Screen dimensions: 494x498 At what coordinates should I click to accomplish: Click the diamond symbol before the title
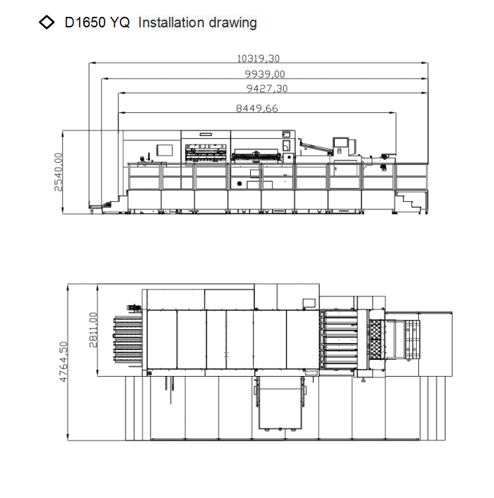tap(47, 22)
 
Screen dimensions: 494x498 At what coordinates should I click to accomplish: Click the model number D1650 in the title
tap(85, 22)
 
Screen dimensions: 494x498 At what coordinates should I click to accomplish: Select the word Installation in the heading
tap(171, 22)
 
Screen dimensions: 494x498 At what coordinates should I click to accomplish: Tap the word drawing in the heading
tap(233, 23)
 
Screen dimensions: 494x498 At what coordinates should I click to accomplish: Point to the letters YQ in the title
tap(120, 22)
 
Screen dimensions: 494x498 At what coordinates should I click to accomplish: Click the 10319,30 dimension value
tap(259, 58)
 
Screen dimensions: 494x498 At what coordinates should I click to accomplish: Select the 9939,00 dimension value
tap(265, 74)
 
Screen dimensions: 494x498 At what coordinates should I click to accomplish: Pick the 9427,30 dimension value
tap(267, 88)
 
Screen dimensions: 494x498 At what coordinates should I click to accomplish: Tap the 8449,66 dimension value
tap(256, 108)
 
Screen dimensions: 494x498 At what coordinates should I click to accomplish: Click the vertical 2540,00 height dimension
tap(58, 172)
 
